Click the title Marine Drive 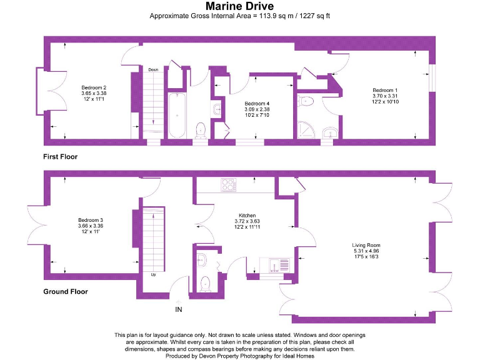click(239, 7)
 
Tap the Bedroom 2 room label click(94, 87)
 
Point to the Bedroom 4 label click(257, 103)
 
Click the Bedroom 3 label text click(91, 220)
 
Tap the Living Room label click(366, 245)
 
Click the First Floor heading click(60, 156)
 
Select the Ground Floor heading click(65, 291)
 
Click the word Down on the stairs click(153, 69)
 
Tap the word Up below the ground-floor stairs click(153, 274)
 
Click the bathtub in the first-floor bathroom click(176, 116)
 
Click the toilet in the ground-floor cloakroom click(204, 283)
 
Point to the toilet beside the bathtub click(201, 129)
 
